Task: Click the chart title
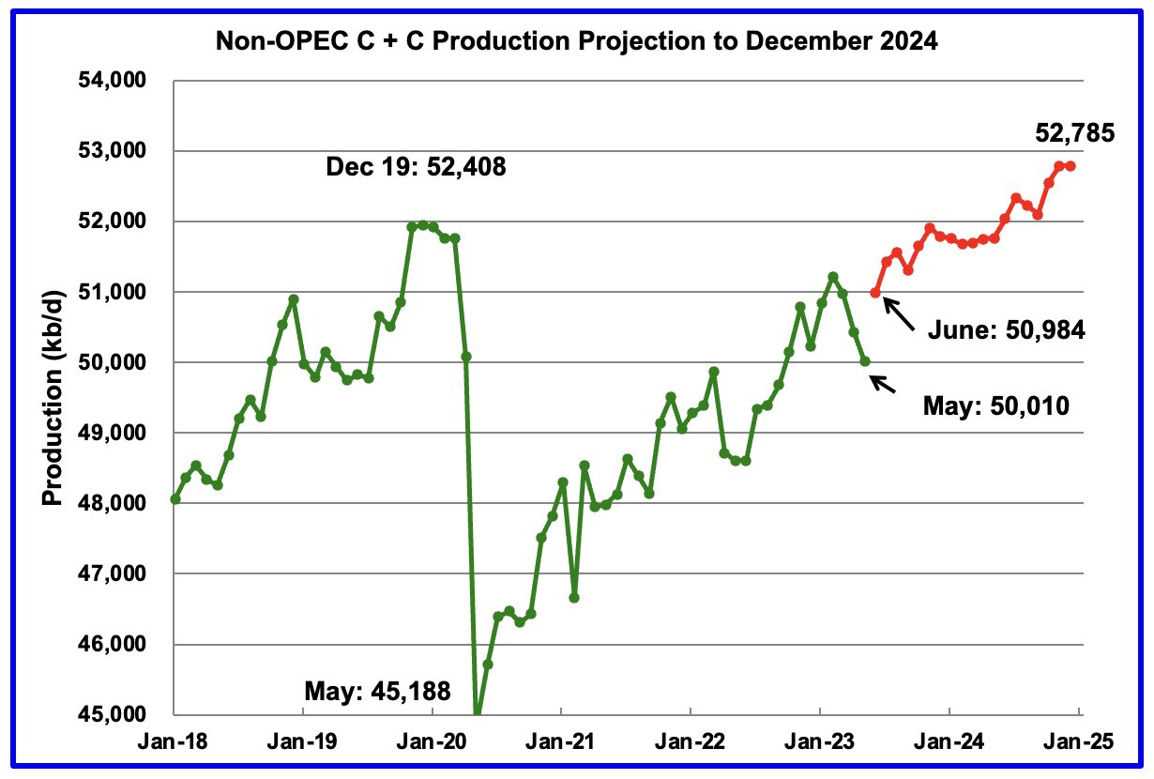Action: (x=576, y=41)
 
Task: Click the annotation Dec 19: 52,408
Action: (x=417, y=169)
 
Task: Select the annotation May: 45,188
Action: (x=377, y=693)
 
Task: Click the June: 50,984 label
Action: (x=1007, y=329)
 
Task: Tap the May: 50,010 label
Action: (x=996, y=406)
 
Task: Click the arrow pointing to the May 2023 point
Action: (x=879, y=383)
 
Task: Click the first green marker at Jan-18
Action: (x=175, y=499)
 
